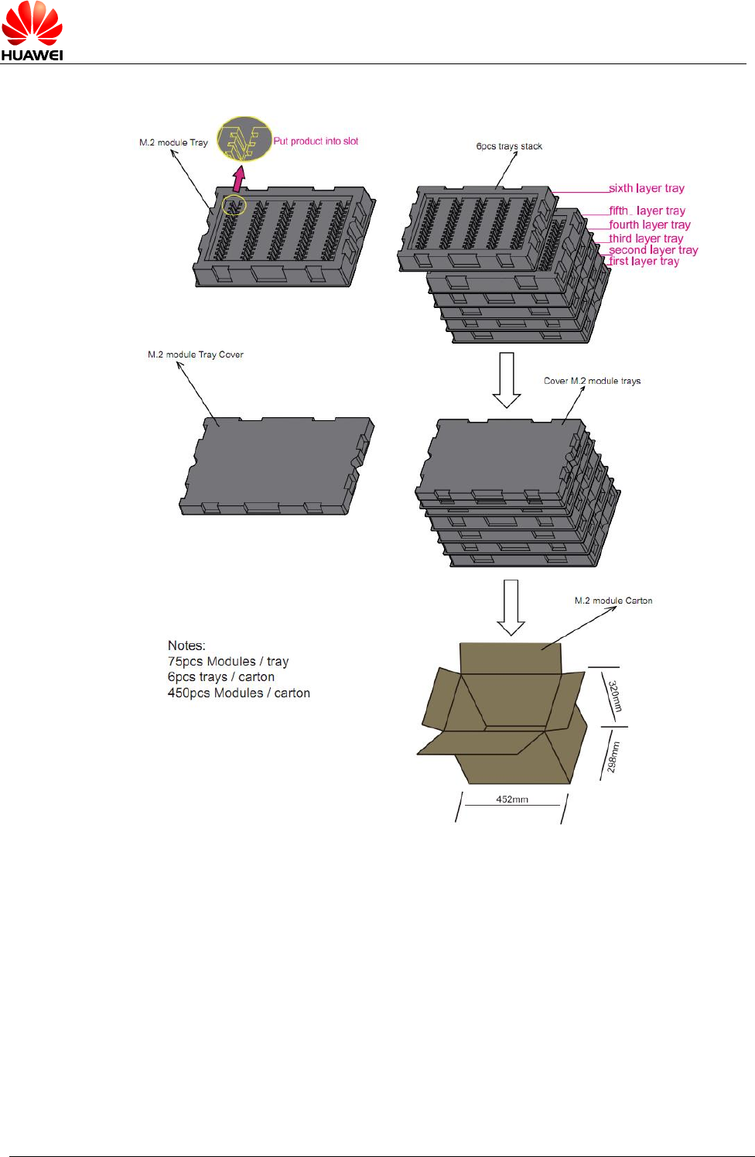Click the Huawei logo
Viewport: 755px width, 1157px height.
[x=32, y=31]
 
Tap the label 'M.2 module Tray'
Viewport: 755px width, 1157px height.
[x=173, y=142]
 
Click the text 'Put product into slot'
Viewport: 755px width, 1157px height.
[x=316, y=141]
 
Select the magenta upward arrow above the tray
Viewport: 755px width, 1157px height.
[x=239, y=179]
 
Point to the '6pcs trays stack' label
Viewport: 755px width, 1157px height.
[x=509, y=146]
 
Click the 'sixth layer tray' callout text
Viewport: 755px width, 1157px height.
[x=647, y=188]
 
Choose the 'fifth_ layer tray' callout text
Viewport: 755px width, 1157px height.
[x=647, y=211]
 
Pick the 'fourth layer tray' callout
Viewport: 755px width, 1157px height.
[x=650, y=224]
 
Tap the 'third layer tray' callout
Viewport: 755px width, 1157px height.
[x=646, y=238]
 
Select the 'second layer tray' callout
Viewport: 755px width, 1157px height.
[x=654, y=250]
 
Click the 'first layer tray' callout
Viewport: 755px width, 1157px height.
[x=644, y=262]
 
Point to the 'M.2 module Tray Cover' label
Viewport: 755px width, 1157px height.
[x=196, y=354]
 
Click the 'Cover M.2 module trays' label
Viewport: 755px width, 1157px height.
[x=592, y=381]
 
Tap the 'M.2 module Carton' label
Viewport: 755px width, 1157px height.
[x=613, y=601]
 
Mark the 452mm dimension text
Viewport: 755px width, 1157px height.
[x=512, y=799]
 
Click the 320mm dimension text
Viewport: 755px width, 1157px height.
[x=614, y=697]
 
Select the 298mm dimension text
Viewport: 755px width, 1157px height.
[x=613, y=757]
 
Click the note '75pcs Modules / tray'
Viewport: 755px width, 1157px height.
[x=228, y=662]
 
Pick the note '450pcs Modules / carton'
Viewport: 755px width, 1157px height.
[x=239, y=693]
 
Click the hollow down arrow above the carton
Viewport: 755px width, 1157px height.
[x=511, y=607]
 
